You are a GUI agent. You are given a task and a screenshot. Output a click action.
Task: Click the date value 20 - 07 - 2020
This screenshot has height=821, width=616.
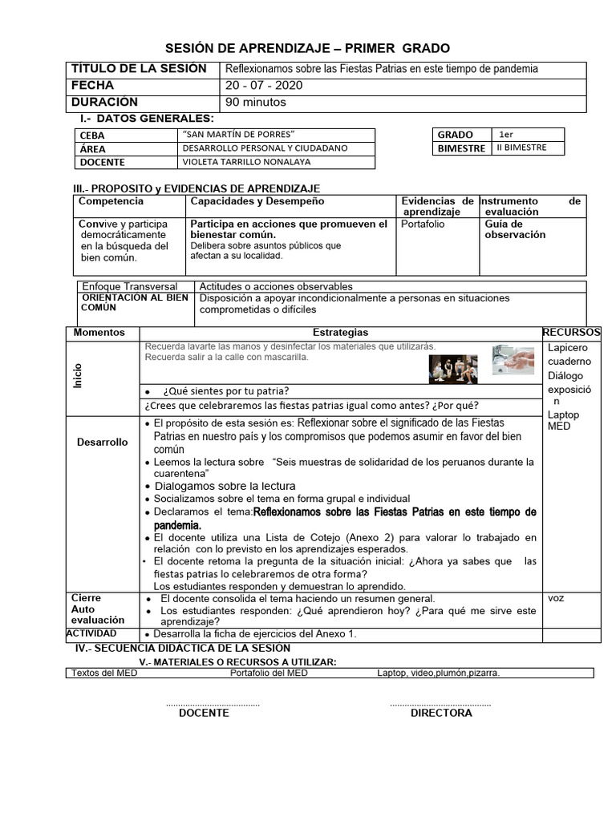click(265, 86)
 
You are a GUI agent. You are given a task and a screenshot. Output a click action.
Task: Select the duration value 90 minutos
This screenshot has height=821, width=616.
click(255, 103)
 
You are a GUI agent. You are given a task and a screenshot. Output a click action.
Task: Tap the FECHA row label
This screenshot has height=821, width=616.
click(93, 86)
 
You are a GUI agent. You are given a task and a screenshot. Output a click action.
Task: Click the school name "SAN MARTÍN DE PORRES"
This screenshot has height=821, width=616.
click(239, 135)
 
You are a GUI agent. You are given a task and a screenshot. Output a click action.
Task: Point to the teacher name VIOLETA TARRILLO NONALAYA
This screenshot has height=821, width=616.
click(246, 162)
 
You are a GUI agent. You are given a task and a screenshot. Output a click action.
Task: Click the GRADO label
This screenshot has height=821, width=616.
click(456, 135)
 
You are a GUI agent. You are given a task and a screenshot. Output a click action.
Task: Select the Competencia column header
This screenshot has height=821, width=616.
click(111, 201)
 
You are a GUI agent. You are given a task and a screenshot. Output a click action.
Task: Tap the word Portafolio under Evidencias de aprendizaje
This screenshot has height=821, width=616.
click(423, 224)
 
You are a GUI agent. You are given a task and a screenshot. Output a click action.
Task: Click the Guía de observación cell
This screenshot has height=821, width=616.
click(515, 229)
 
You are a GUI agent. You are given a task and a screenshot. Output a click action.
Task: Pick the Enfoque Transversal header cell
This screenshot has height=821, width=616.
click(130, 286)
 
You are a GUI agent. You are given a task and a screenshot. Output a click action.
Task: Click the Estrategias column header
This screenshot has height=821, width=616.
click(341, 332)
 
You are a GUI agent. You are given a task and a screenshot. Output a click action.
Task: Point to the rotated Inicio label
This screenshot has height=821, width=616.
click(78, 374)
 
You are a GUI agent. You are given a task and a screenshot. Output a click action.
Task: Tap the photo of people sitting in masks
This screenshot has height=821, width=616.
click(455, 368)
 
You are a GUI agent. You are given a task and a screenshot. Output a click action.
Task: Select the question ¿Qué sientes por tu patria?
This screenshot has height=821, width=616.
click(225, 391)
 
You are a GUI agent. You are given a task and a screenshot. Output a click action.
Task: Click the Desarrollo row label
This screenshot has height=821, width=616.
click(102, 442)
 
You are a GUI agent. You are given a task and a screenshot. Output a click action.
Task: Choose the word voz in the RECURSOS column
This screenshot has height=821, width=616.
click(556, 598)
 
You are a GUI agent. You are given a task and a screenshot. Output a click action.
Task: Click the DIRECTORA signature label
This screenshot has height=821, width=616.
click(441, 713)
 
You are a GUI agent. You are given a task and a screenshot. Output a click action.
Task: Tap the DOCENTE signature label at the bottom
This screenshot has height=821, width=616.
click(204, 713)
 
